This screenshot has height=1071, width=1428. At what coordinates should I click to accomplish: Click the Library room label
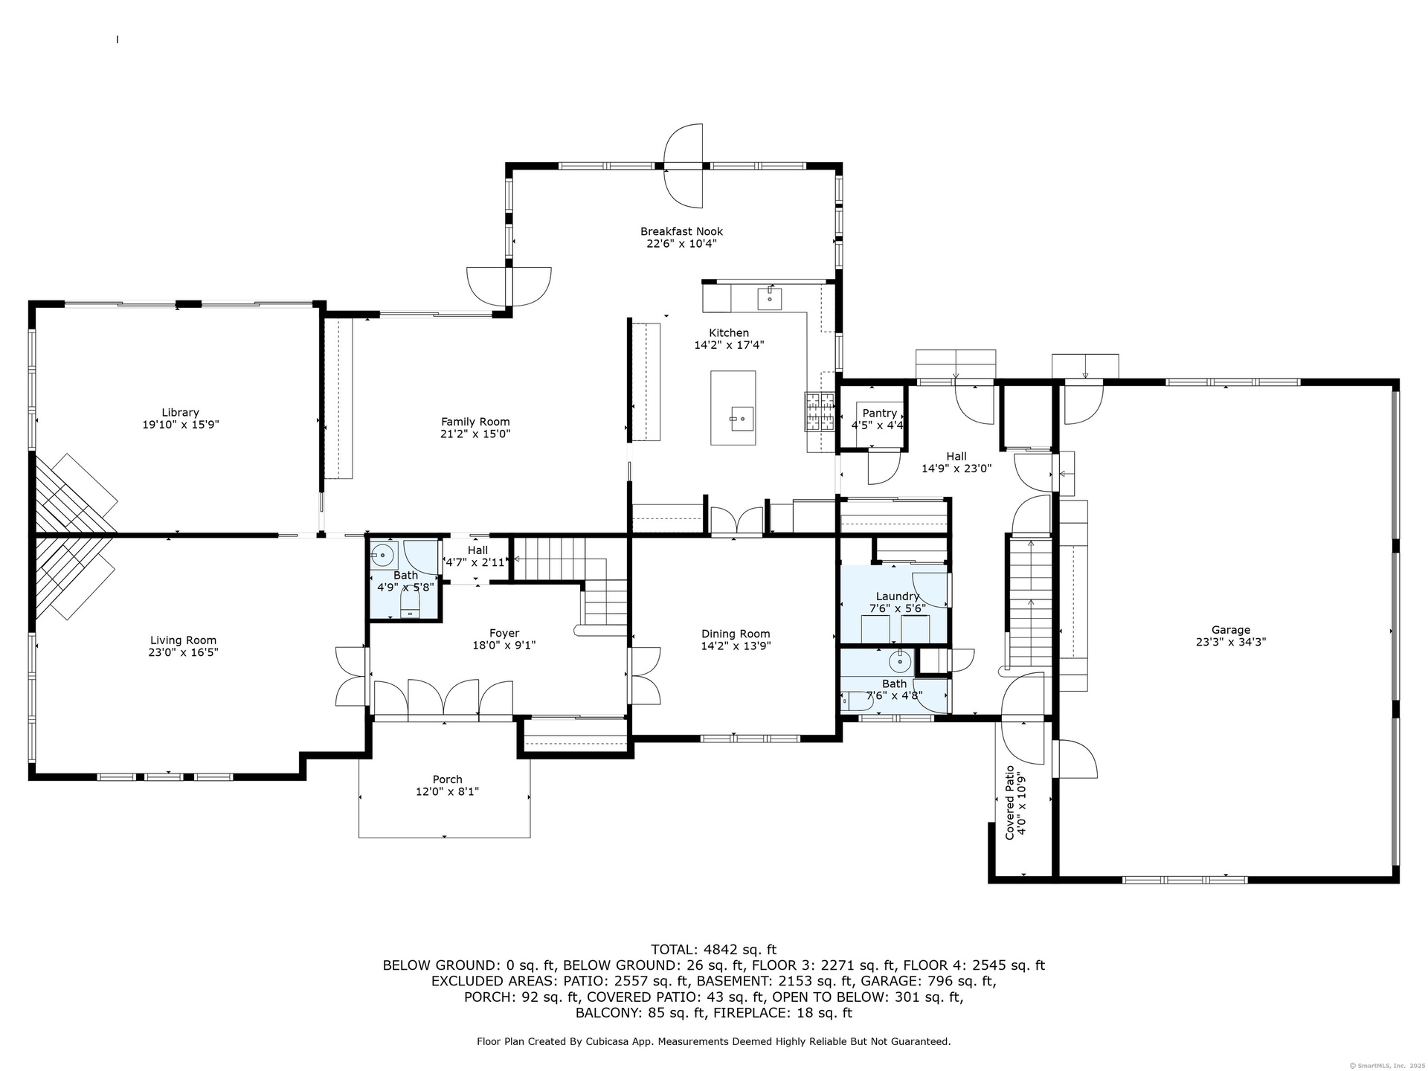(x=181, y=412)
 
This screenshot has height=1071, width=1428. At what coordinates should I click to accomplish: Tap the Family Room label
(x=475, y=422)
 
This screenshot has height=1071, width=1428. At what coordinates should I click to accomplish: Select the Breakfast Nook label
(x=681, y=231)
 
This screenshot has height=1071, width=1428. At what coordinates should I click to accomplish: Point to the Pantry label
(x=879, y=413)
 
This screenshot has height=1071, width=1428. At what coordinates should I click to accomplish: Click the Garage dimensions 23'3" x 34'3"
(x=1230, y=642)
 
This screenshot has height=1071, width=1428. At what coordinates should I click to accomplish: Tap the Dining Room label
(x=736, y=634)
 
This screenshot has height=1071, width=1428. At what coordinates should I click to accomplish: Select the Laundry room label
(x=898, y=596)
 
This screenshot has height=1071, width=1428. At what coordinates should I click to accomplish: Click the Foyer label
(x=504, y=633)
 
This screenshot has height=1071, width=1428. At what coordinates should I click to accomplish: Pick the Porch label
(x=447, y=779)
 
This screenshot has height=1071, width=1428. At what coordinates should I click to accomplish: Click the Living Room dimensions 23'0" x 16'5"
(x=183, y=652)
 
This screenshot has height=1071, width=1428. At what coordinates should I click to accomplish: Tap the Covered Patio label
(x=1009, y=803)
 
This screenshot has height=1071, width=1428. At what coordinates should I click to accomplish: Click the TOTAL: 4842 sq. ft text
(x=713, y=949)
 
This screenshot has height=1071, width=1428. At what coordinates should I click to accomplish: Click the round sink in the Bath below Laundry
(x=901, y=660)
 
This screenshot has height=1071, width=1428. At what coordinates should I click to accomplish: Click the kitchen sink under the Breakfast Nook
(x=770, y=297)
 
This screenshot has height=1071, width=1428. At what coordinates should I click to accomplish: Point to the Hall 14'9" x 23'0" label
(x=956, y=462)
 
